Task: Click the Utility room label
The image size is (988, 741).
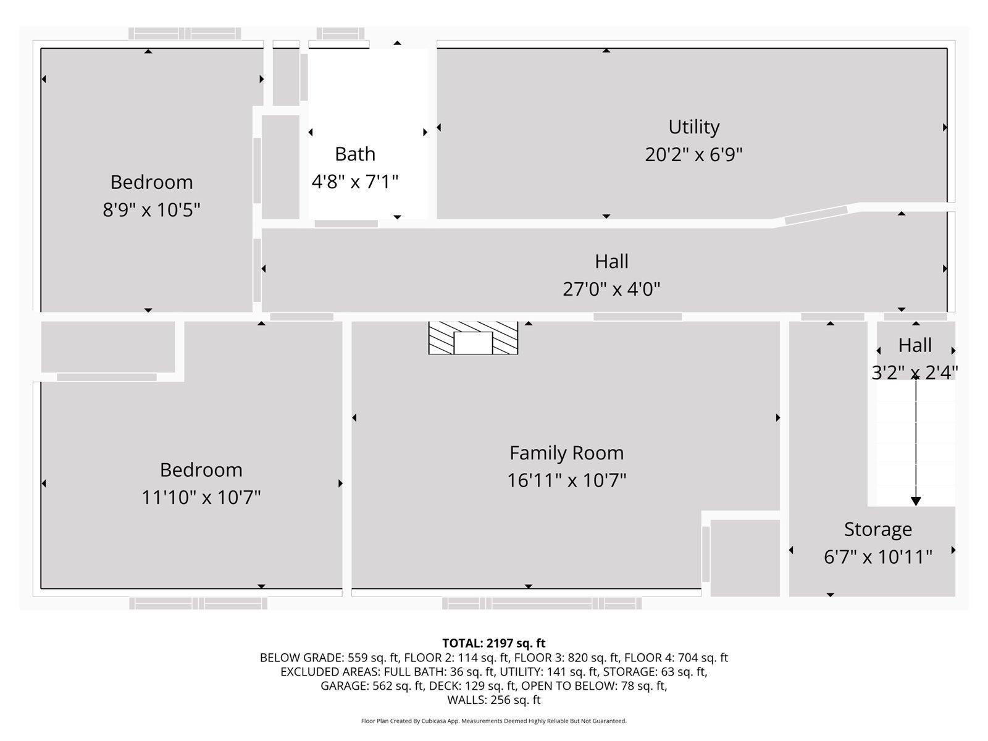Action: (x=693, y=127)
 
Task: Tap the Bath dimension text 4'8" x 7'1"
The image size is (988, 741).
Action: (x=355, y=182)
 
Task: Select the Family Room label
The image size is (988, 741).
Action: (x=567, y=453)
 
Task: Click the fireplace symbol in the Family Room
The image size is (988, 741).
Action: (x=473, y=338)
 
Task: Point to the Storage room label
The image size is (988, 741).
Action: (x=877, y=530)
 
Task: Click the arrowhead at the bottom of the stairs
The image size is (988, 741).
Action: (x=916, y=501)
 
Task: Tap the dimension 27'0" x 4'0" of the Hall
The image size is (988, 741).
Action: (x=611, y=289)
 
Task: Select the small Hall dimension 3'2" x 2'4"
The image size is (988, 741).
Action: (x=915, y=372)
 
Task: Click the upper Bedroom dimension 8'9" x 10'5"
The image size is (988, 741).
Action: (x=151, y=210)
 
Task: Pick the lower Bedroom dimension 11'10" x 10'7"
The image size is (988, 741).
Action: (x=201, y=497)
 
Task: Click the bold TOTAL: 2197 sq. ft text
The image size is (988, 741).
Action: (x=494, y=643)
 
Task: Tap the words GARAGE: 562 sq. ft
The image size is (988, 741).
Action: (x=372, y=685)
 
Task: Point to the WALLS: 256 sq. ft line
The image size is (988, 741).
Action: (x=494, y=700)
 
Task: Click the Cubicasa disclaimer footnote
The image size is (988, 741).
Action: (x=494, y=721)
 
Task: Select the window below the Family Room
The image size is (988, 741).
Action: (x=542, y=603)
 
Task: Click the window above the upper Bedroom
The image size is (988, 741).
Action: (x=185, y=34)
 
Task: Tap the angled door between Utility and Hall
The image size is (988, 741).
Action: (x=816, y=215)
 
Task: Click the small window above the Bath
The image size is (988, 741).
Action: (x=340, y=34)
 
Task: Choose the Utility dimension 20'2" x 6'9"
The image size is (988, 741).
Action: (x=693, y=155)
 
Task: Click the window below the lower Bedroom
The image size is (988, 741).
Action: (x=198, y=603)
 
